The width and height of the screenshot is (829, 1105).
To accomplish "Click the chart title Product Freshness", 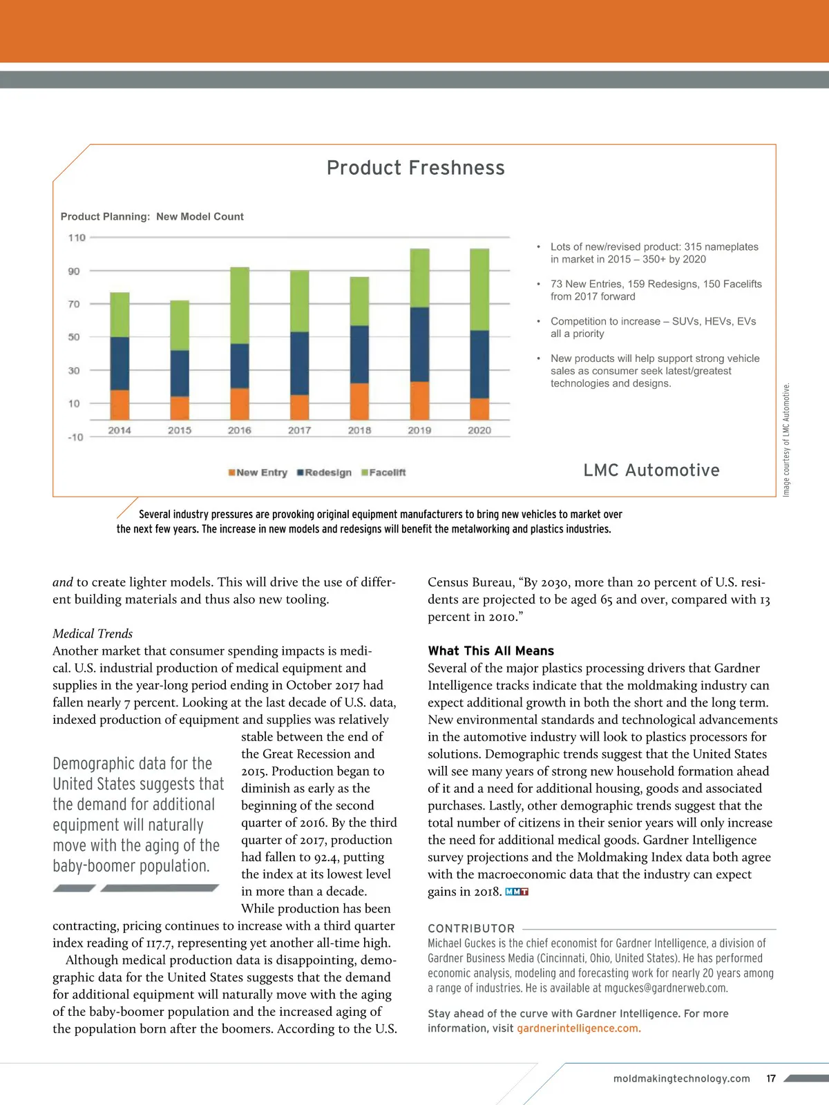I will coord(415,168).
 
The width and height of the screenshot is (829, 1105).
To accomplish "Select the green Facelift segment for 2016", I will coord(240,305).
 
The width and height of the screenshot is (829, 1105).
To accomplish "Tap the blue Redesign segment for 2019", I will coord(419,344).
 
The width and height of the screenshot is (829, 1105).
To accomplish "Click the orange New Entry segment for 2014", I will coord(120,405).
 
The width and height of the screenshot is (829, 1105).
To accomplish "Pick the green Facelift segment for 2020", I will coord(479,289).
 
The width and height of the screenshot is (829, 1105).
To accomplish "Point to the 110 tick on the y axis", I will coord(77,238).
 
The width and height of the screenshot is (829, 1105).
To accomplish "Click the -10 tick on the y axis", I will coord(75,436).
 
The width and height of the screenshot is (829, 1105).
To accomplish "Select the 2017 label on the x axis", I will coord(299,430).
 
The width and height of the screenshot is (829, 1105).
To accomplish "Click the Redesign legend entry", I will coord(324,472).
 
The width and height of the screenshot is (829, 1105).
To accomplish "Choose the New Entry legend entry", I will coord(258,472).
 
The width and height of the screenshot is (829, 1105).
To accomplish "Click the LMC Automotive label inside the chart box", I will coord(651,470).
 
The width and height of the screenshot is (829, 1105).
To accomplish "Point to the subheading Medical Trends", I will coord(93,633).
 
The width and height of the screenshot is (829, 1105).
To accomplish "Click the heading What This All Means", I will coord(490,651).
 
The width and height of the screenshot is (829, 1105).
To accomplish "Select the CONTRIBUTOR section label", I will coord(471,928).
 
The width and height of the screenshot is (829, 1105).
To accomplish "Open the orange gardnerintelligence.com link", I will coord(578,1028).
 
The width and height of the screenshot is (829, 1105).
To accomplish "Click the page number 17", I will coord(771,1078).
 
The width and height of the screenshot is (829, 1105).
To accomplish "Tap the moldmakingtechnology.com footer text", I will coord(681,1078).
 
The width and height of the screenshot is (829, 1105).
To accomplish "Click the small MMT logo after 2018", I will coord(517,892).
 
